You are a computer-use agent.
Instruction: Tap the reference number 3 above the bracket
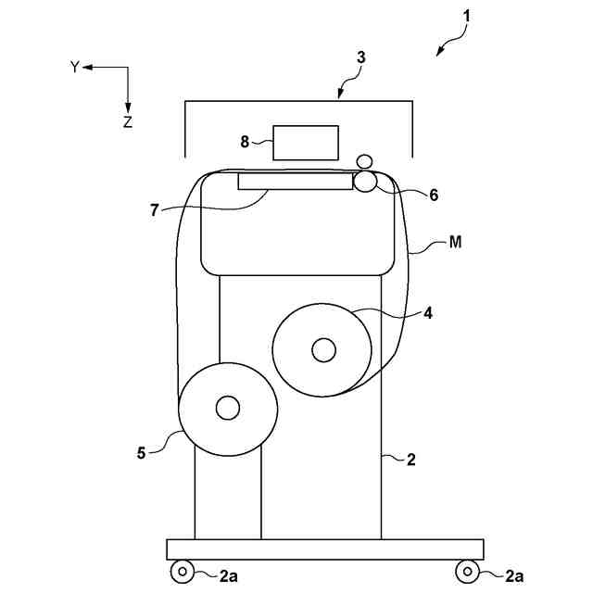(x=360, y=57)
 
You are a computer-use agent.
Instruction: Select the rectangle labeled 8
(x=307, y=142)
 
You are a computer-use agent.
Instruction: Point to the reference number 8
(x=245, y=142)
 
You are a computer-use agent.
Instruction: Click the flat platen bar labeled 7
(x=296, y=181)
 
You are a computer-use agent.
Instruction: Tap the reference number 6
(x=433, y=196)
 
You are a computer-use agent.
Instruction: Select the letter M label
(x=455, y=243)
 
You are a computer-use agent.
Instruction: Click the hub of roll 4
(x=323, y=349)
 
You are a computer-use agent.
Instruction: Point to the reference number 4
(x=427, y=313)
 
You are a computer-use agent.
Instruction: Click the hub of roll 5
(x=227, y=407)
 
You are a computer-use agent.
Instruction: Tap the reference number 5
(x=142, y=453)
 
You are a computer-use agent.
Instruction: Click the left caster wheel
(x=183, y=571)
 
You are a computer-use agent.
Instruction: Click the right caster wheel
(x=470, y=571)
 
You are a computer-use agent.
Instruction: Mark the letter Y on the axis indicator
(x=75, y=67)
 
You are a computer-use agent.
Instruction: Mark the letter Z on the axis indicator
(x=128, y=121)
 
